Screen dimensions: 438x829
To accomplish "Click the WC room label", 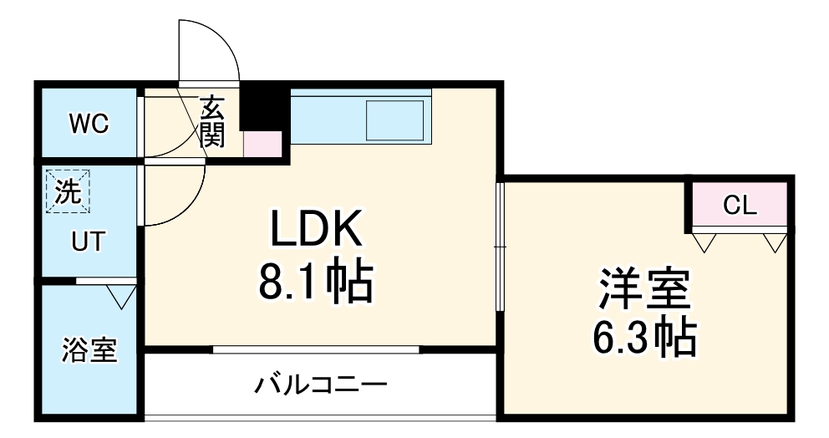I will (89, 125).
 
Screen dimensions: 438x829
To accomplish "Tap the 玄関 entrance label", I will (212, 122).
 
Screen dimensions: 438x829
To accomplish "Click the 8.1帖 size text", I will (315, 282).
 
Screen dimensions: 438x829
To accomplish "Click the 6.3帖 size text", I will (643, 337).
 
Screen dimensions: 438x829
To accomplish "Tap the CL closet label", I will (740, 206).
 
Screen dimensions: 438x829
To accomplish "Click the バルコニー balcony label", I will (322, 385).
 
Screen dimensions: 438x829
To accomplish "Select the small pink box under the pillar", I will (262, 144).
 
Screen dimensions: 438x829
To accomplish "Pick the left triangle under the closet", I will (704, 242).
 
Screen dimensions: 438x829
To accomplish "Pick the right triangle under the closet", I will (775, 242).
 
